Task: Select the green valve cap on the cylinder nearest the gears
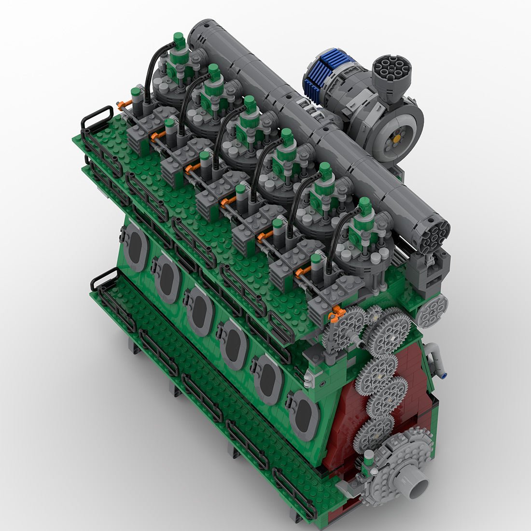point(365,205)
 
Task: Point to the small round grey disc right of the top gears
point(431,311)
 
